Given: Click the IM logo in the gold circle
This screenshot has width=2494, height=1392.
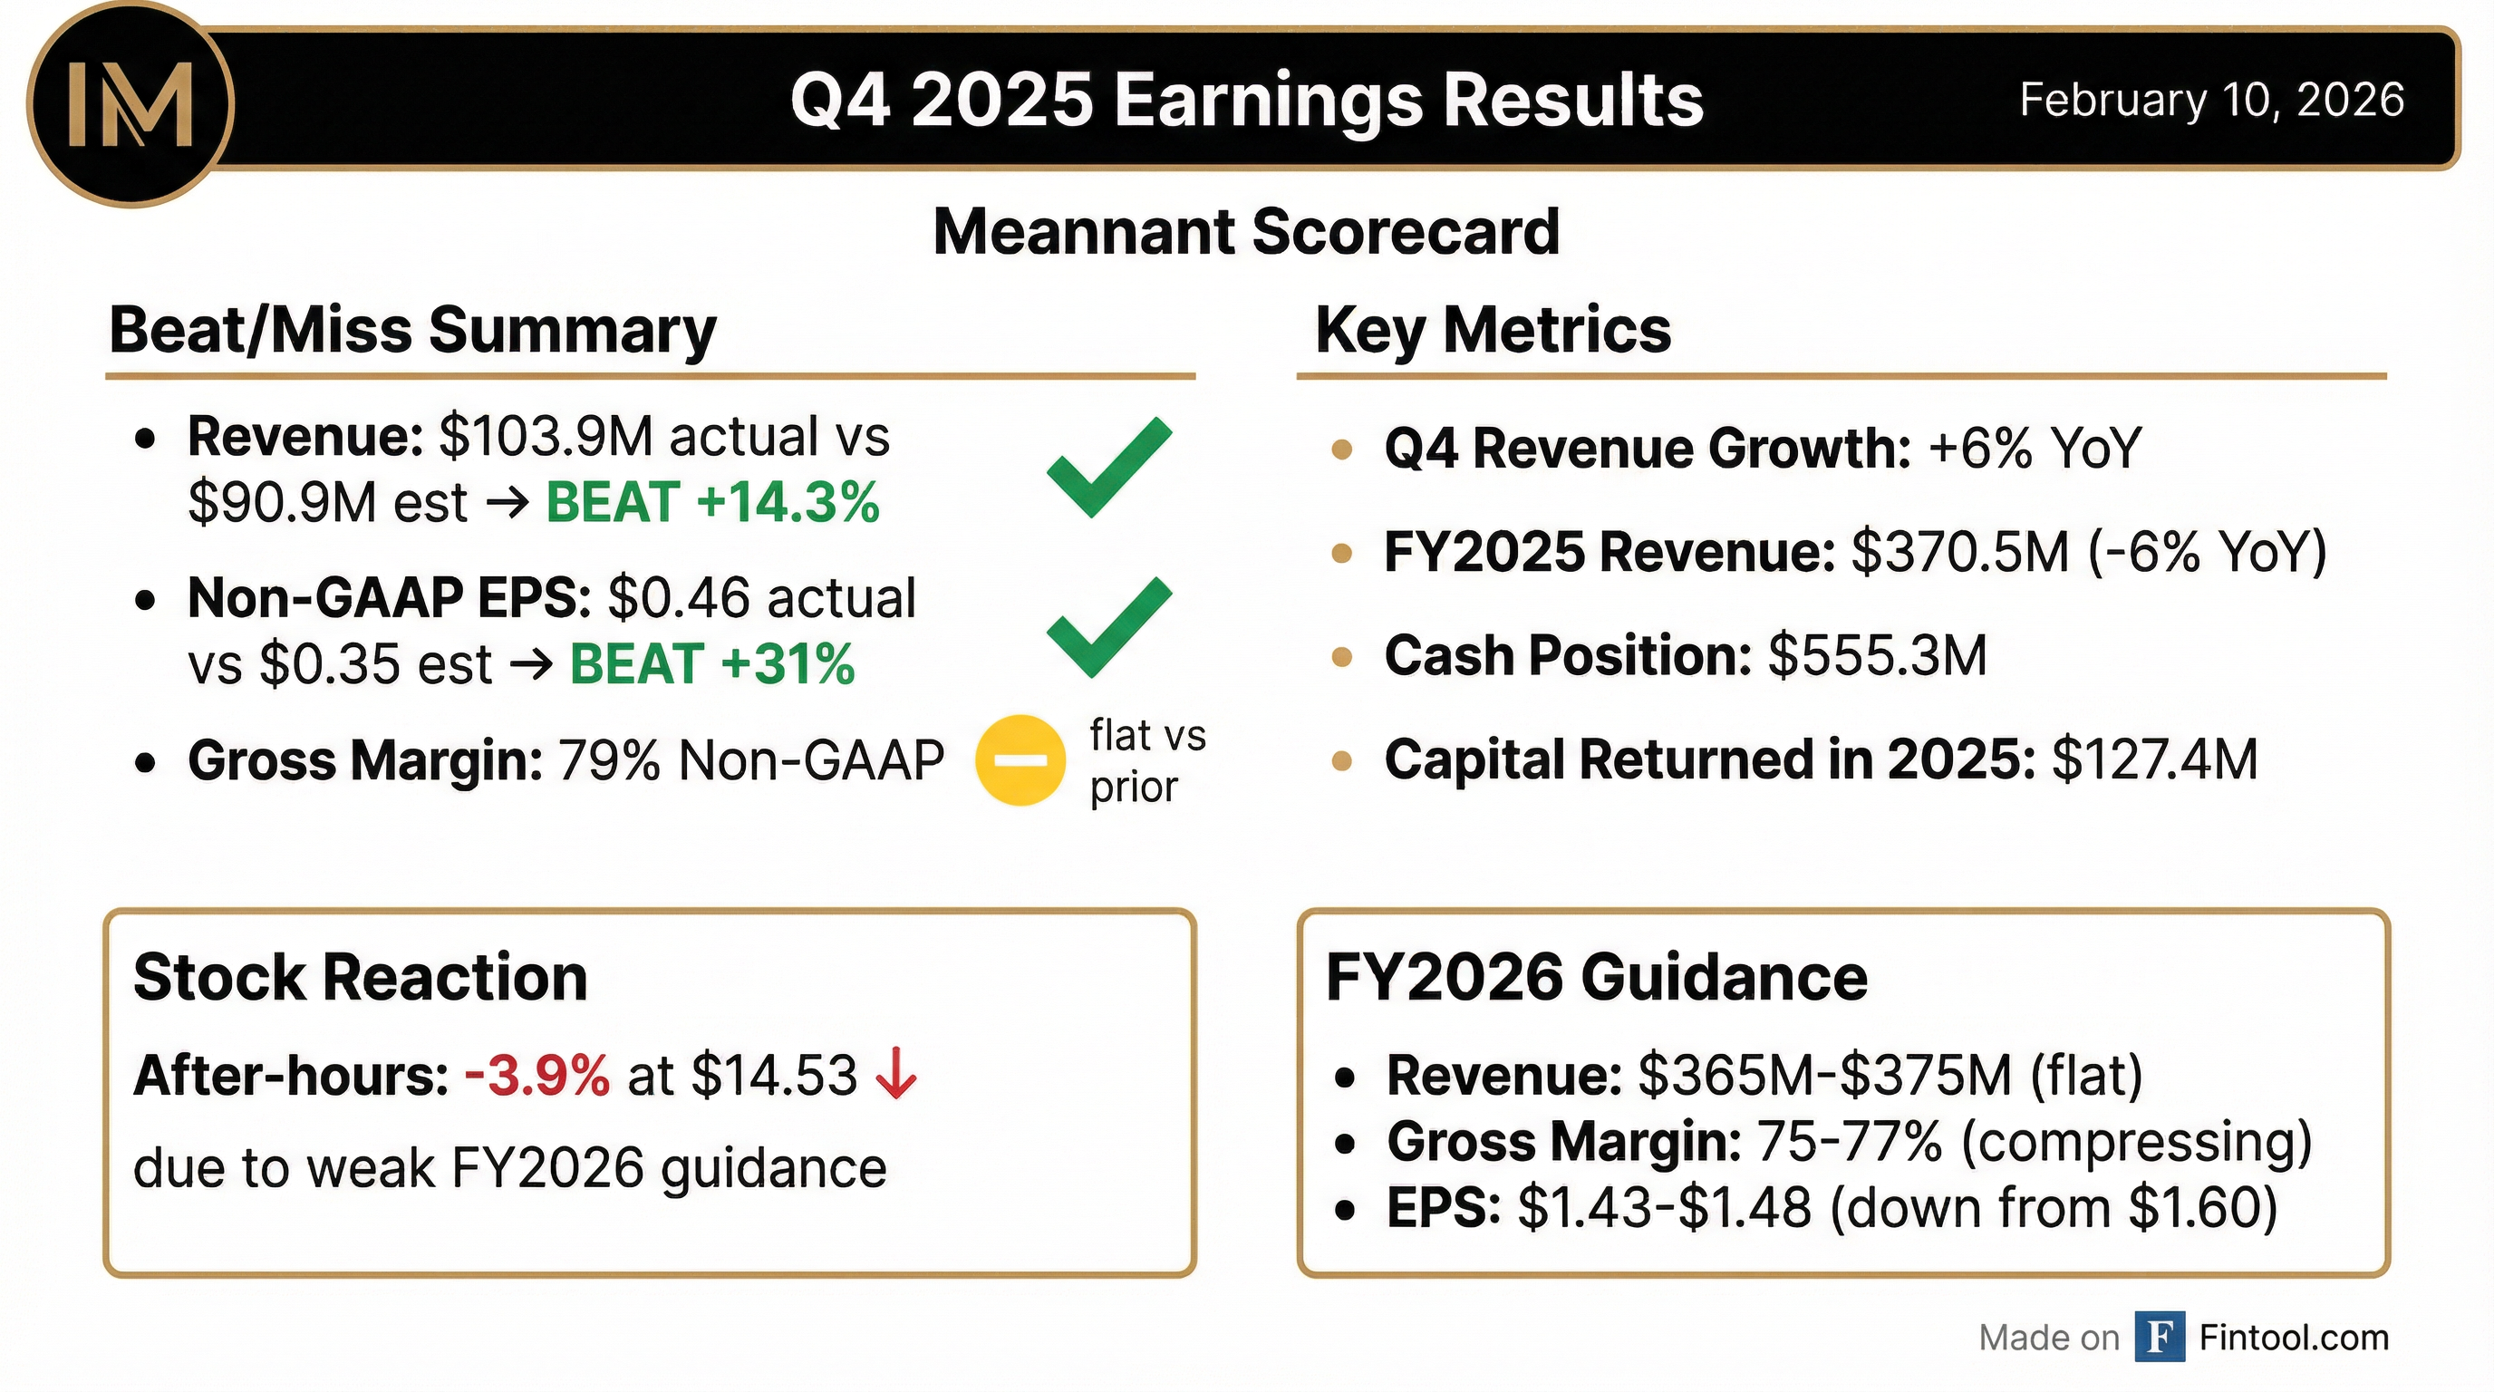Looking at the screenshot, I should pyautogui.click(x=130, y=104).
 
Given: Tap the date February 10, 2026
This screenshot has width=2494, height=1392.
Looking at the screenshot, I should pyautogui.click(x=2211, y=100).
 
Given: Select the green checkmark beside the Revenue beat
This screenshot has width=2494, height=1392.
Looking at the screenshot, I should pyautogui.click(x=1108, y=467).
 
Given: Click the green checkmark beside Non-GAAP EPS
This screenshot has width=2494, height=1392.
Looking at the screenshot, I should pyautogui.click(x=1108, y=627).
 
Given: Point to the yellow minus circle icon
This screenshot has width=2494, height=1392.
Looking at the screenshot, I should pyautogui.click(x=1020, y=759).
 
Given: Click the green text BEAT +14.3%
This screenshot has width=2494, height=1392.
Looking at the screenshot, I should pyautogui.click(x=712, y=502).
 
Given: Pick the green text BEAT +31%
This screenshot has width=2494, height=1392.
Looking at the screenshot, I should pyautogui.click(x=712, y=664).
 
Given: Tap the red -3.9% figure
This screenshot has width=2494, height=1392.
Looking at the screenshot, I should pyautogui.click(x=537, y=1076).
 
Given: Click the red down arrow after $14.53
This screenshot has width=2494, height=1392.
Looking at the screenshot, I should pyautogui.click(x=896, y=1075).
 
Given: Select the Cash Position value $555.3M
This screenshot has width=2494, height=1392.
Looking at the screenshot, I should pyautogui.click(x=1877, y=655).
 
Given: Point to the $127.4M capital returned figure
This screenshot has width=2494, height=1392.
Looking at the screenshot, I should pyautogui.click(x=2154, y=759).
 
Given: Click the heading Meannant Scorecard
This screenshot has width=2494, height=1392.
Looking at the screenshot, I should pyautogui.click(x=1246, y=232).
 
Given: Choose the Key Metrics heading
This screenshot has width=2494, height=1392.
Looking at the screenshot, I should pyautogui.click(x=1493, y=330).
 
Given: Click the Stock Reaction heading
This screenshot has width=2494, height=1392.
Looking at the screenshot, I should pyautogui.click(x=360, y=977).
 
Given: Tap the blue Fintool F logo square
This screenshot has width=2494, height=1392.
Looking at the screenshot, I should pyautogui.click(x=2159, y=1337).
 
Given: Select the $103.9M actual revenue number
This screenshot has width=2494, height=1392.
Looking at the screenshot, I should pyautogui.click(x=546, y=437).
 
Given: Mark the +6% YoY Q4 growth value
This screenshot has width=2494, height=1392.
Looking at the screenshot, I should pyautogui.click(x=2035, y=449).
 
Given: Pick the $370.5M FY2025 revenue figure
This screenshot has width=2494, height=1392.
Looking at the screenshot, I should pyautogui.click(x=1959, y=552).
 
